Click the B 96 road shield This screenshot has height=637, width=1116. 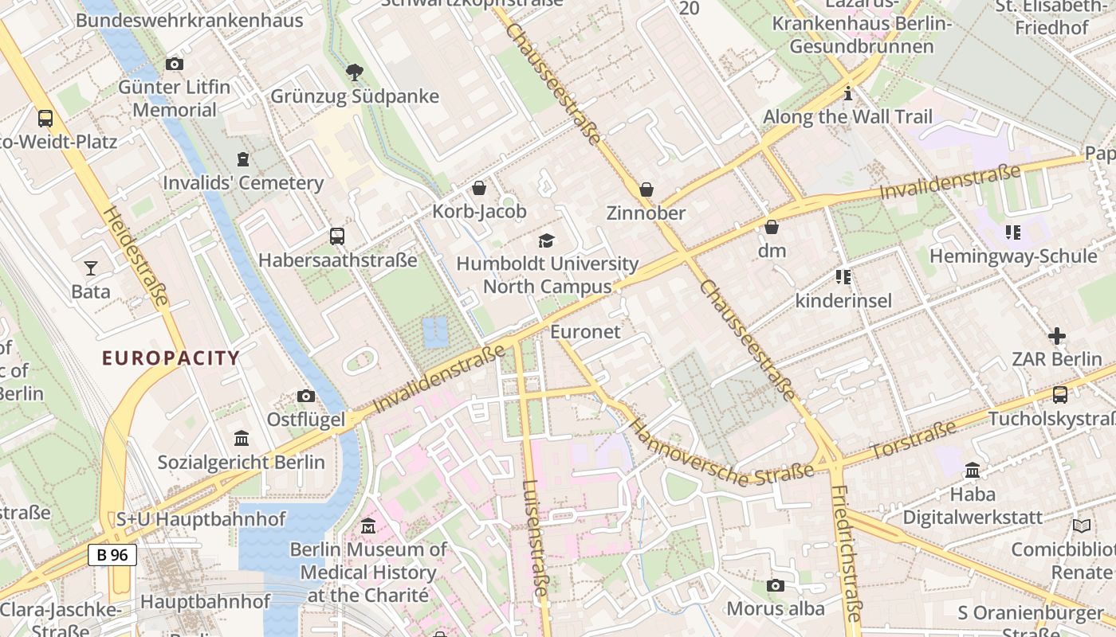coord(112,555)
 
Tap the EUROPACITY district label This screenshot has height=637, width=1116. coord(171,358)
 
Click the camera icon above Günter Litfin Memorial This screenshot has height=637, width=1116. coord(174,64)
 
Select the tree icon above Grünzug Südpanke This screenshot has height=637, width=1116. coord(355,73)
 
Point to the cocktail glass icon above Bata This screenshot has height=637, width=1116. coord(91,268)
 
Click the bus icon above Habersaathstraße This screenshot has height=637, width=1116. coord(337,236)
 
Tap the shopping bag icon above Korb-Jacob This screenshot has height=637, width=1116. coord(479,188)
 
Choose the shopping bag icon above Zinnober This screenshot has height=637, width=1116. coord(646,190)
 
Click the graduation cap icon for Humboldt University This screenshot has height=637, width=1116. coord(547,240)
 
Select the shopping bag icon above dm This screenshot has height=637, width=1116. coord(771,228)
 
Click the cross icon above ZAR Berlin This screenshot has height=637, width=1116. coord(1056,336)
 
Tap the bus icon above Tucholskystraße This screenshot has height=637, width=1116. coord(1060,394)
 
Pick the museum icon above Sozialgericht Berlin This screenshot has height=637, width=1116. coord(241,439)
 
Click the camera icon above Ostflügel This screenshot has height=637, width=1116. coord(305,396)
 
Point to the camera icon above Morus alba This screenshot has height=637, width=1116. coord(775,586)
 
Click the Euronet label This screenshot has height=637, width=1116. coord(585,332)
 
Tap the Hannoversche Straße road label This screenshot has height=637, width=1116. coord(721,451)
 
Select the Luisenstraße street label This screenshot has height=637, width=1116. coord(536,537)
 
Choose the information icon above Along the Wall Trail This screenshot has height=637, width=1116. coord(847,94)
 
